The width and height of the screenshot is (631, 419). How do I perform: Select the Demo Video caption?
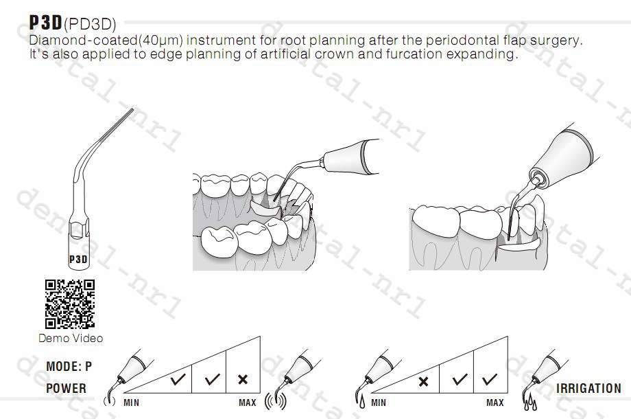click(71, 338)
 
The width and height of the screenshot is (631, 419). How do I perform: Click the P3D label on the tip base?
click(78, 260)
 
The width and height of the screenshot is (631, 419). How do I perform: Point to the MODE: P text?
click(69, 367)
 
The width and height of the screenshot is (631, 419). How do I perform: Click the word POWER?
click(67, 388)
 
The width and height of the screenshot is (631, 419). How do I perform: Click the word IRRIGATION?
click(588, 388)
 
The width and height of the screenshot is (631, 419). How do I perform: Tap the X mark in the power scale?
click(242, 378)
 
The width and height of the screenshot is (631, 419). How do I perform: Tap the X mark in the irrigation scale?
click(423, 380)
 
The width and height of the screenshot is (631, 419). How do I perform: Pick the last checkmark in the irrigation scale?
click(490, 378)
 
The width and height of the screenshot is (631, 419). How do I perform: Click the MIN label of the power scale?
click(131, 403)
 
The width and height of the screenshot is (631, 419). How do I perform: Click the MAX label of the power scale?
click(248, 403)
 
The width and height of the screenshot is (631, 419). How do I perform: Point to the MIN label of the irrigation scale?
click(378, 403)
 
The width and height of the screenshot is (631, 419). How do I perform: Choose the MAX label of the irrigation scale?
click(495, 403)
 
